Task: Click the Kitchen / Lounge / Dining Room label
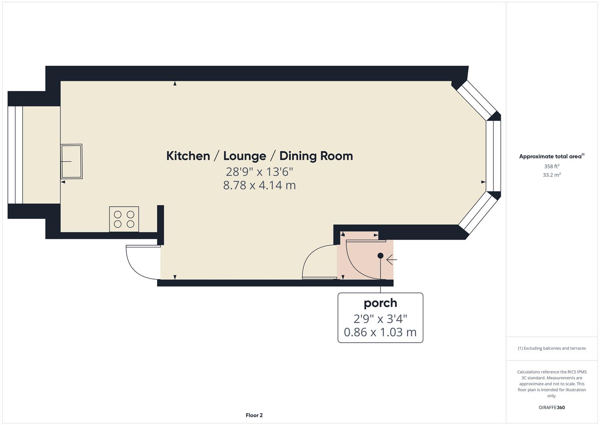[259, 156]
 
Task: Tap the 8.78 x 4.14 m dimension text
[259, 185]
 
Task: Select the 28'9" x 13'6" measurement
[259, 172]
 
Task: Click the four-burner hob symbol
[124, 219]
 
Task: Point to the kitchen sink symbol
[72, 161]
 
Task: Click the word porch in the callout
[380, 303]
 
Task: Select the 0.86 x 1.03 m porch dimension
[380, 332]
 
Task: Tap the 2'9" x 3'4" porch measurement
[380, 318]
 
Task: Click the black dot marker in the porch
[380, 256]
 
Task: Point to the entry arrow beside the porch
[392, 260]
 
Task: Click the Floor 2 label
[254, 415]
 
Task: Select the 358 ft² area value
[552, 166]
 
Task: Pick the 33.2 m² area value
[552, 175]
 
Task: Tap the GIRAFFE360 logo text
[552, 408]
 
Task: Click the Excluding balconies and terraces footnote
[552, 348]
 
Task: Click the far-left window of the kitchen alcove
[15, 155]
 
